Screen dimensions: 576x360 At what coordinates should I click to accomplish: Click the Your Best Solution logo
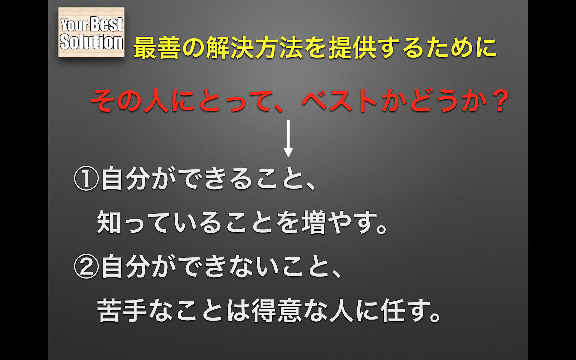click(x=91, y=32)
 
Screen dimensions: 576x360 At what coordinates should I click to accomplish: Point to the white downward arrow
click(x=288, y=138)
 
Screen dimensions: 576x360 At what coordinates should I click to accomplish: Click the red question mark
click(x=500, y=101)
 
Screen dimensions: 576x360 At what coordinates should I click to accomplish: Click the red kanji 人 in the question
click(x=156, y=101)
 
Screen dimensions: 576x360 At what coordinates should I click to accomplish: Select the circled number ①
click(x=86, y=179)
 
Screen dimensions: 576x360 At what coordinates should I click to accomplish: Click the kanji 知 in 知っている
click(x=109, y=222)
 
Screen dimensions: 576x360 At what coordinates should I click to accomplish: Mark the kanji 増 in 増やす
click(x=314, y=222)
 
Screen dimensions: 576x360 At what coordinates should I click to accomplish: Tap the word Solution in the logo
click(x=91, y=42)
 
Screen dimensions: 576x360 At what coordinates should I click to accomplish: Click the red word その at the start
click(x=116, y=101)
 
